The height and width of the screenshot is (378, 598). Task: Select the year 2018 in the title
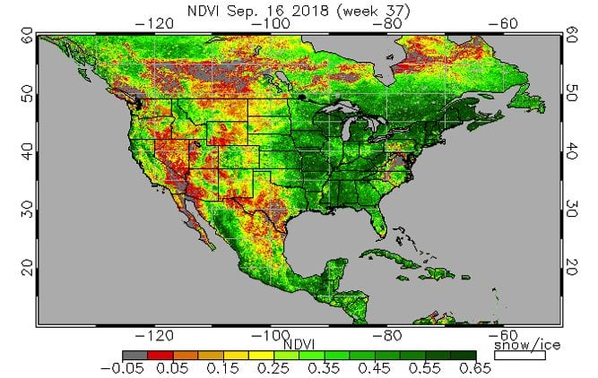pyautogui.click(x=299, y=12)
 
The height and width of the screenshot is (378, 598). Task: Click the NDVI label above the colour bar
pyautogui.click(x=297, y=343)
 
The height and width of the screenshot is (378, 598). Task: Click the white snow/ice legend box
pyautogui.click(x=520, y=355)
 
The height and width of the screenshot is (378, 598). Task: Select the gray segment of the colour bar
pyautogui.click(x=134, y=355)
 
